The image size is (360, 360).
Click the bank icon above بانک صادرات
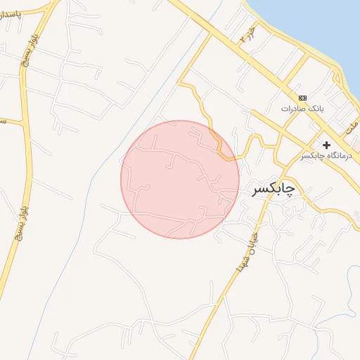pos(302,98)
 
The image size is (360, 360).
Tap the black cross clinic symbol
pos(326,144)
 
